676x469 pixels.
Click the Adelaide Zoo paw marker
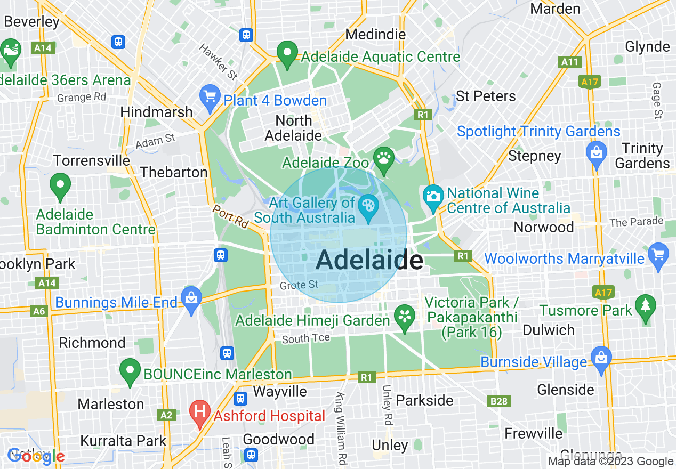click(x=383, y=158)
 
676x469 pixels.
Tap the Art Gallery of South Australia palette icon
click(x=367, y=205)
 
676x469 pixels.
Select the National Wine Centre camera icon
click(x=433, y=195)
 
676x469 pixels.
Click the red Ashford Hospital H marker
click(x=200, y=413)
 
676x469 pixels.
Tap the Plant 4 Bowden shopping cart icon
click(x=210, y=97)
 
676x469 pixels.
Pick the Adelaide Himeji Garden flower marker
click(x=405, y=317)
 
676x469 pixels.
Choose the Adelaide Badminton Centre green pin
click(x=60, y=185)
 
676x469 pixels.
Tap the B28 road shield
click(x=499, y=401)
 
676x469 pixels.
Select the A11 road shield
click(x=569, y=62)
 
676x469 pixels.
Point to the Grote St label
click(x=300, y=285)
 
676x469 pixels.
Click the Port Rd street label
click(x=230, y=217)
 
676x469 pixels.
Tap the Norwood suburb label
click(x=543, y=227)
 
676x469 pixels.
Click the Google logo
click(x=36, y=456)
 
